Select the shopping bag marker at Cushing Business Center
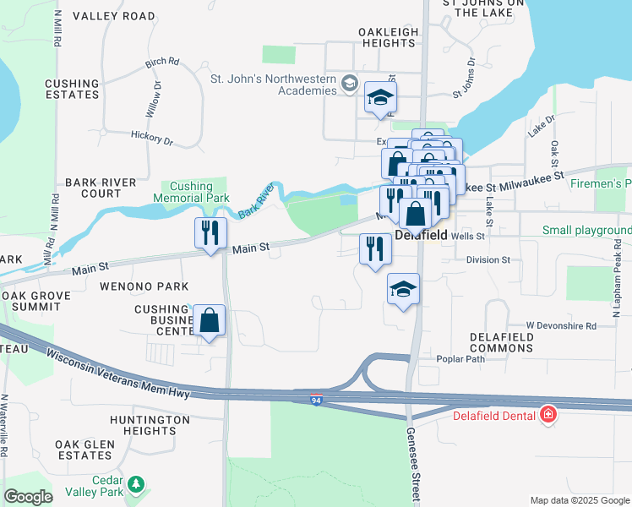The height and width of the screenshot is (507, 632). [x=210, y=321]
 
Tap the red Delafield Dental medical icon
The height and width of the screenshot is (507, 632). [x=548, y=414]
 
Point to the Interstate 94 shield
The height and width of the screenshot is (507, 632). [x=314, y=402]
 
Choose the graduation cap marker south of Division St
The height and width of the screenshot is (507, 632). [x=404, y=290]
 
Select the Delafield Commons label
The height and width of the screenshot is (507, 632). [x=502, y=342]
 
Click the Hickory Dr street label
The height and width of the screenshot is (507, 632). [x=152, y=134]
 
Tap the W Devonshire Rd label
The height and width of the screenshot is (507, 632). [x=560, y=325]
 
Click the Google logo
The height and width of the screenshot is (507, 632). [x=28, y=497]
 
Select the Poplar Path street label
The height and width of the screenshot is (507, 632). [x=460, y=358]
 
